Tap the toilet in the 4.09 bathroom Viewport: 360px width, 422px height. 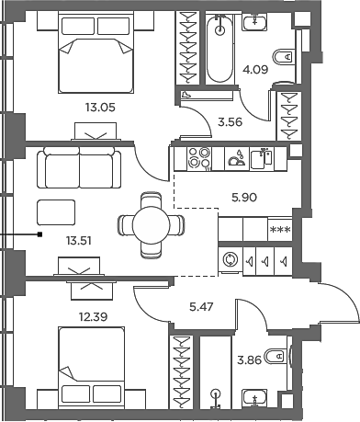pyautogui.click(x=286, y=57)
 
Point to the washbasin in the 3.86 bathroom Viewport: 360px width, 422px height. pyautogui.click(x=253, y=398)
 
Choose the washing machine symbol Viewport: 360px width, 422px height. pyautogui.click(x=229, y=260)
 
